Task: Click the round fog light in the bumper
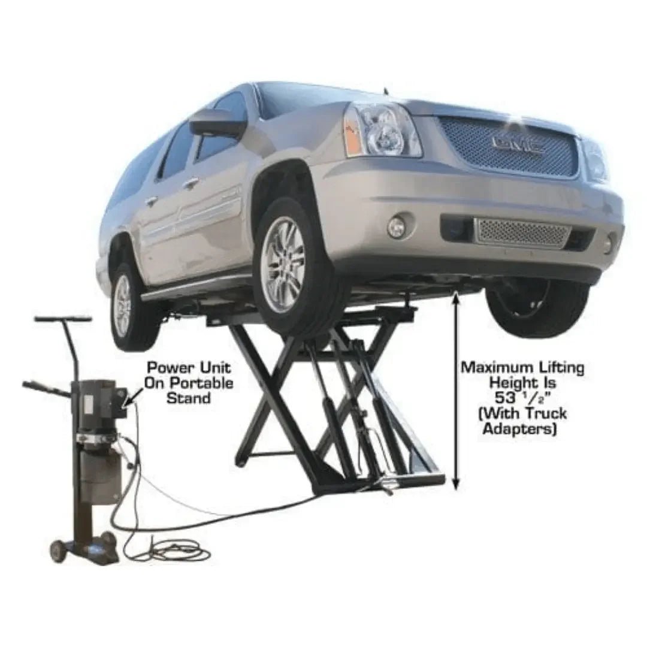pyautogui.click(x=396, y=226)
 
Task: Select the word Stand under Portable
pyautogui.click(x=188, y=398)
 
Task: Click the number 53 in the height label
pyautogui.click(x=504, y=397)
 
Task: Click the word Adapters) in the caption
pyautogui.click(x=520, y=428)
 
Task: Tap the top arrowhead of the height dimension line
pyautogui.click(x=457, y=294)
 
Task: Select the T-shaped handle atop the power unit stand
pyautogui.click(x=63, y=319)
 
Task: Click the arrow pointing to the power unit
pyautogui.click(x=133, y=395)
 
